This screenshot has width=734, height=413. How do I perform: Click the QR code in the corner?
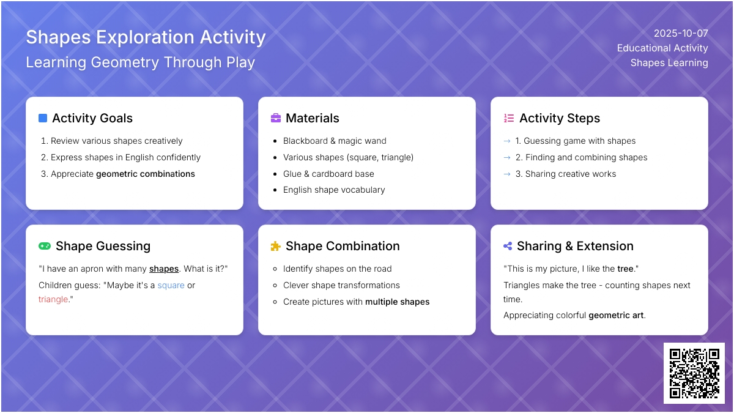(694, 373)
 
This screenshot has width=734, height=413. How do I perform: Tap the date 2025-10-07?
(681, 34)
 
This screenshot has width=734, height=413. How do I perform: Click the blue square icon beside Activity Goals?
(43, 118)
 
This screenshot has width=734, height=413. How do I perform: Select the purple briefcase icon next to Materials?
(276, 118)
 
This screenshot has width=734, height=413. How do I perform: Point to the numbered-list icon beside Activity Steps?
(508, 118)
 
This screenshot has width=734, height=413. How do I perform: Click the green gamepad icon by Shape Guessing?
(45, 246)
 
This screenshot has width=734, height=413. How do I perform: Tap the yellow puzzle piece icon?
(276, 246)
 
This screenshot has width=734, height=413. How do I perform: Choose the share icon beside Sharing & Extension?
(508, 246)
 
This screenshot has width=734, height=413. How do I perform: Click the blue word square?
(171, 286)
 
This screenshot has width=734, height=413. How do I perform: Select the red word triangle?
(53, 299)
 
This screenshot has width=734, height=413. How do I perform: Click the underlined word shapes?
(164, 269)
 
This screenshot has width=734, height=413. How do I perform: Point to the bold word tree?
(625, 269)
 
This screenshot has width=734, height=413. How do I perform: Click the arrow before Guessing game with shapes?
(507, 141)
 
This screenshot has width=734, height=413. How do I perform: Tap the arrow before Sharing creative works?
(507, 174)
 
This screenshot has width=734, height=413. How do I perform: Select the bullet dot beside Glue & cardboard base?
(275, 174)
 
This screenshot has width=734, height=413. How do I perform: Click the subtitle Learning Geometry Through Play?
(140, 62)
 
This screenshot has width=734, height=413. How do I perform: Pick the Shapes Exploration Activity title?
(146, 37)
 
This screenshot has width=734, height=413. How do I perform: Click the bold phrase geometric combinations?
(146, 174)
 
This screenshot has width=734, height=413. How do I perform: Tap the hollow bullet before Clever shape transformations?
(275, 286)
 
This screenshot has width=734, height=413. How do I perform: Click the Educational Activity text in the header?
(662, 48)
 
